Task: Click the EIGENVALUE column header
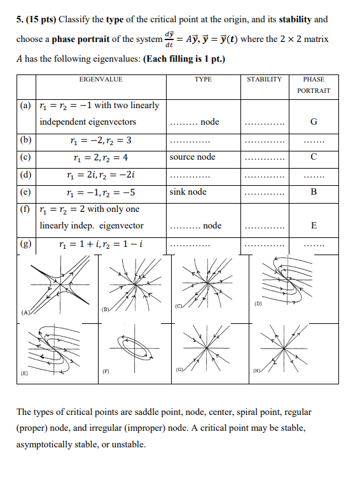point(100,80)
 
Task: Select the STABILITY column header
point(264,80)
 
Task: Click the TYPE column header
point(203,80)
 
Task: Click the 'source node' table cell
point(192,157)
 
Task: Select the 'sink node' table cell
point(188,192)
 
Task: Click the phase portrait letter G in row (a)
point(314,122)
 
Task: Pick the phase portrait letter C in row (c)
point(314,157)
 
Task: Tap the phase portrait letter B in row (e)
point(314,192)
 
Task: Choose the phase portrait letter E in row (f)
point(314,226)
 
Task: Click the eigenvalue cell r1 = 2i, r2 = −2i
point(100,174)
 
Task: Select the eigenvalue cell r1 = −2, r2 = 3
point(102,140)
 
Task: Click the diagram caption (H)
point(256,370)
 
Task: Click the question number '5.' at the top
point(20,20)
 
